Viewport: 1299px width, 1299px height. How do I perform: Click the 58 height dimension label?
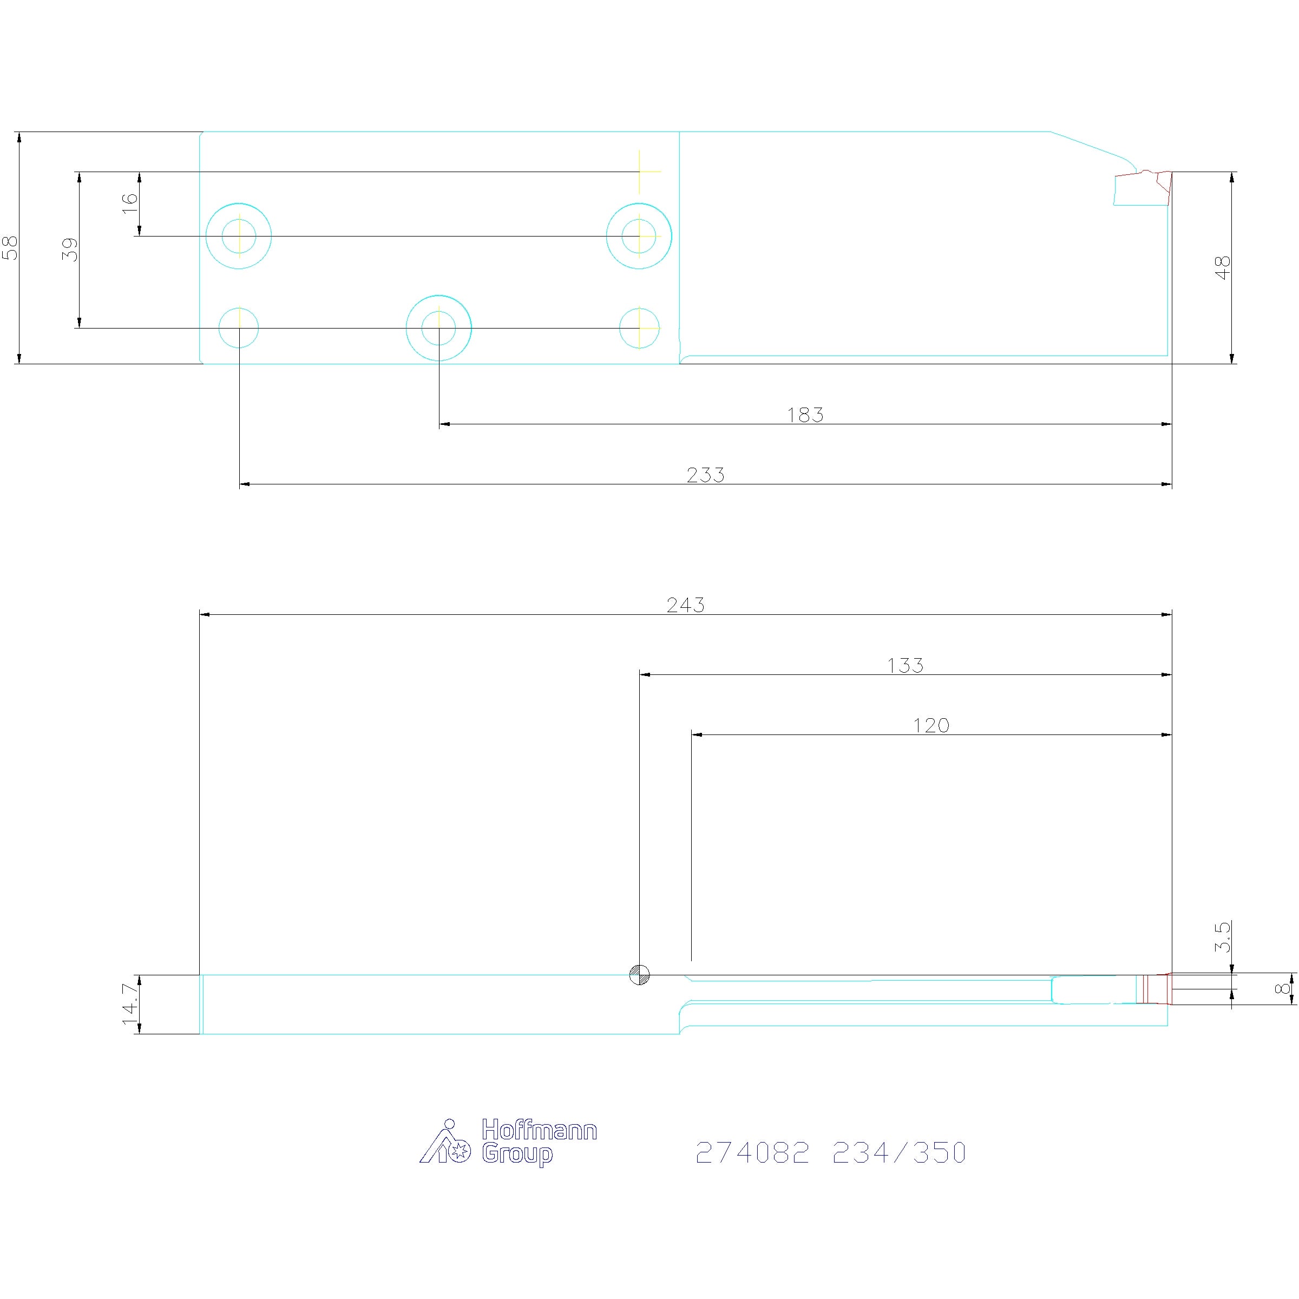click(x=11, y=247)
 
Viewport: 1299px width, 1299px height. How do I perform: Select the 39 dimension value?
click(x=70, y=250)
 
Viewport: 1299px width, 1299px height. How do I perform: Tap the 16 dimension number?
click(x=129, y=203)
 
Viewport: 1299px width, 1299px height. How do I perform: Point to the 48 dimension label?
click(x=1223, y=267)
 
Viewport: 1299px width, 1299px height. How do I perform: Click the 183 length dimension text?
click(x=805, y=415)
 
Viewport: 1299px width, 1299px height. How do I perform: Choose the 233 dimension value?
click(x=706, y=475)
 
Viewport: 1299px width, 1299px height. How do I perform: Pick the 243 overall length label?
click(x=686, y=605)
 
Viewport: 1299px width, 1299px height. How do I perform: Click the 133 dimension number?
click(x=906, y=666)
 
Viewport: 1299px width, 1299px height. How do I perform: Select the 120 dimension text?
click(x=931, y=725)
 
